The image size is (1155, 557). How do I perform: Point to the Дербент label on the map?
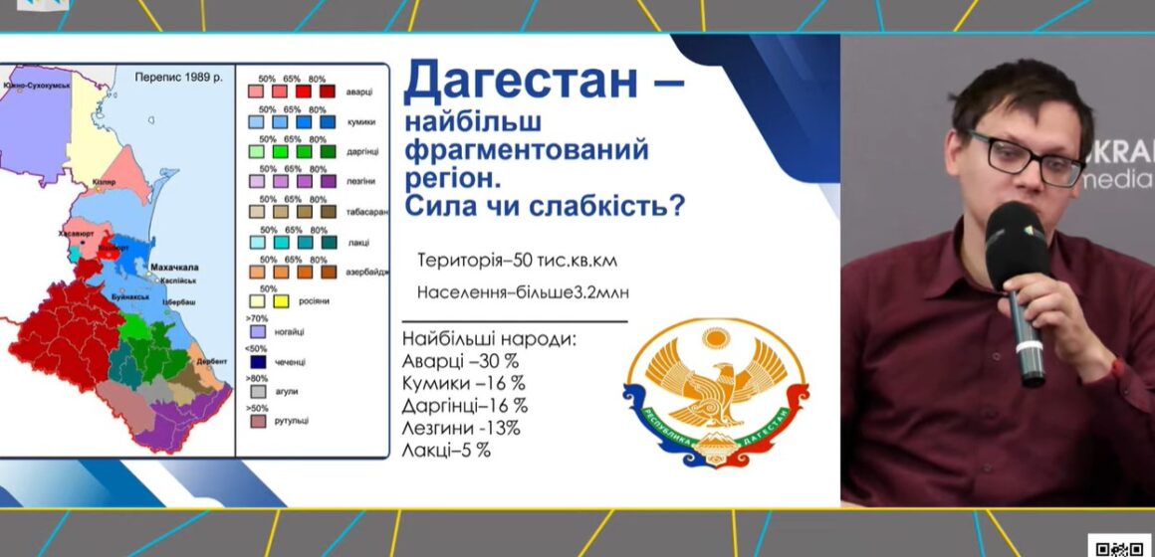pyautogui.click(x=212, y=361)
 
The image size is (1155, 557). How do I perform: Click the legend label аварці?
pyautogui.click(x=358, y=93)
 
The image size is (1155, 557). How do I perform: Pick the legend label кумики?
pyautogui.click(x=359, y=122)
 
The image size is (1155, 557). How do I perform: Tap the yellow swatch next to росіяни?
pyautogui.click(x=280, y=300)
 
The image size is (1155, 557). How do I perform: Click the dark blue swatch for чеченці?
pyautogui.click(x=257, y=361)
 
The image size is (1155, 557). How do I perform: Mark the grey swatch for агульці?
pyautogui.click(x=257, y=391)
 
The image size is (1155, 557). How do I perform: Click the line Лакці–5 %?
pyautogui.click(x=447, y=451)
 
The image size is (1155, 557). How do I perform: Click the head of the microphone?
pyautogui.click(x=1017, y=239)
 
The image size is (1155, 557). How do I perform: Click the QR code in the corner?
pyautogui.click(x=1119, y=545)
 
